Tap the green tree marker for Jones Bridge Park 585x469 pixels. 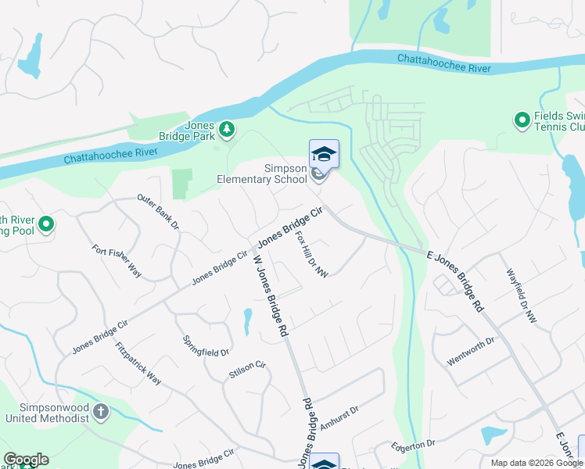pyautogui.click(x=227, y=129)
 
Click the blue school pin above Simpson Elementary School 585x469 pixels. pyautogui.click(x=324, y=153)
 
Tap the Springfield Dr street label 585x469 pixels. pyautogui.click(x=206, y=346)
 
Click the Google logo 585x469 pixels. pyautogui.click(x=26, y=460)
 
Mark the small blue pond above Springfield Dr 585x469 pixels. pyautogui.click(x=247, y=318)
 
